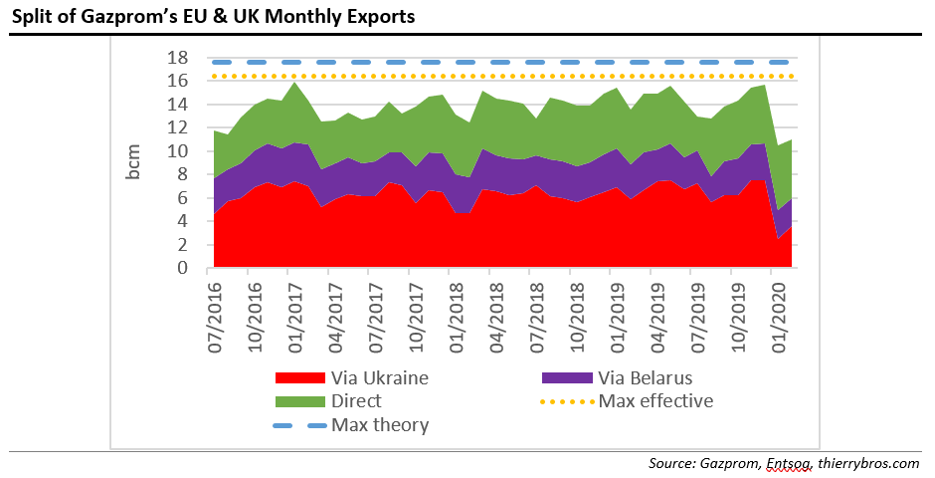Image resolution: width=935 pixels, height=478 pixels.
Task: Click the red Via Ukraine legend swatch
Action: pos(297,377)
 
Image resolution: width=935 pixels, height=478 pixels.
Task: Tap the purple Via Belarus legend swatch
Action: pos(567,377)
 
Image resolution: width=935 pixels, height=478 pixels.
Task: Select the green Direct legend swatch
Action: pos(297,401)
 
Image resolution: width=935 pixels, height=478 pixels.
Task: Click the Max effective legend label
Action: pos(656,401)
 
